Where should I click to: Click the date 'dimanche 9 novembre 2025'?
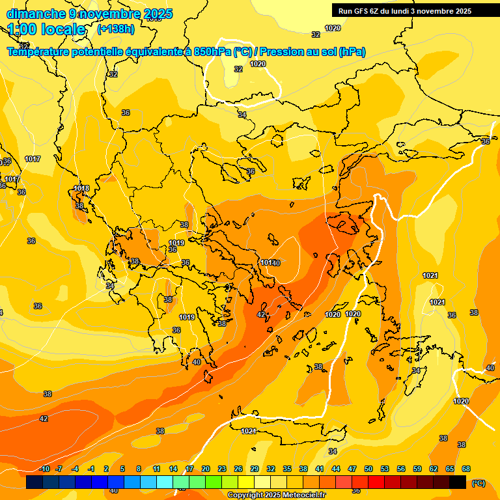[89, 14]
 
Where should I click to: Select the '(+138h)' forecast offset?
[116, 29]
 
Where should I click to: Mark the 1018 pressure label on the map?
[81, 189]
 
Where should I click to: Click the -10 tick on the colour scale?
[44, 469]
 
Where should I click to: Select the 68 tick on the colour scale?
[466, 469]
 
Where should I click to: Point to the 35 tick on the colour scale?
[287, 469]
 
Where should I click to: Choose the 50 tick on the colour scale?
[368, 469]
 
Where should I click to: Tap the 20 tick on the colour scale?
[206, 469]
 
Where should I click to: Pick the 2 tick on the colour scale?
[107, 469]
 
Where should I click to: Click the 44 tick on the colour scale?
[336, 469]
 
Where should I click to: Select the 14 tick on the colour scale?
[173, 469]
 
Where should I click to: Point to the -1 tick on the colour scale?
[91, 469]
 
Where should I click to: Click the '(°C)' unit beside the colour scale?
[478, 482]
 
